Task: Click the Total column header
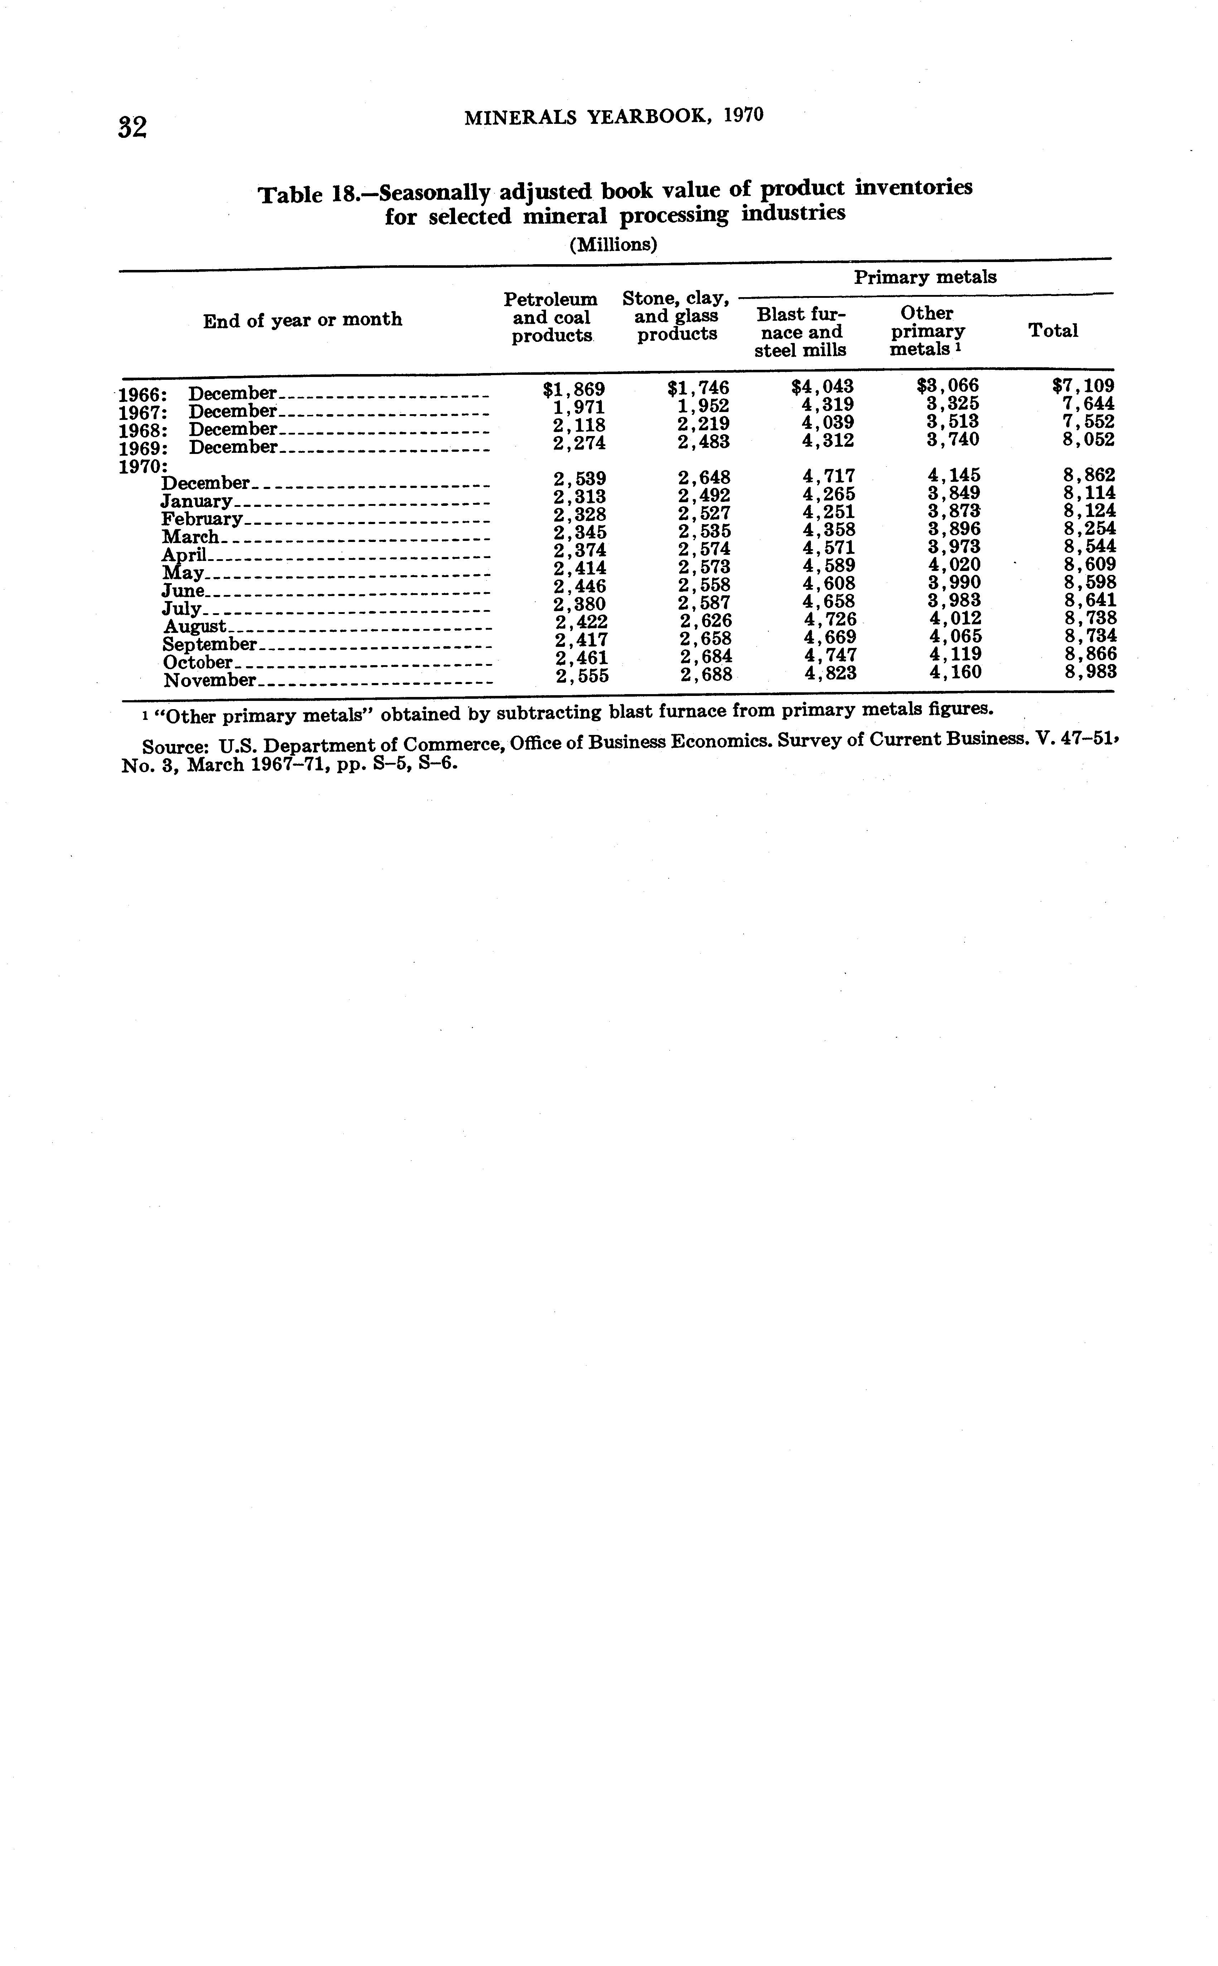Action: [1053, 330]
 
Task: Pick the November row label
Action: [209, 681]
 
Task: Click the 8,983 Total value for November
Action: [1091, 672]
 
